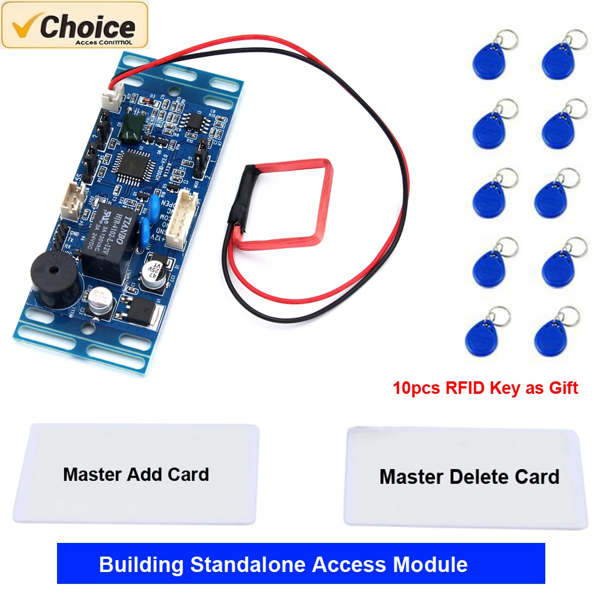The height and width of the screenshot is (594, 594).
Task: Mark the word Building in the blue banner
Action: coord(135,564)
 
